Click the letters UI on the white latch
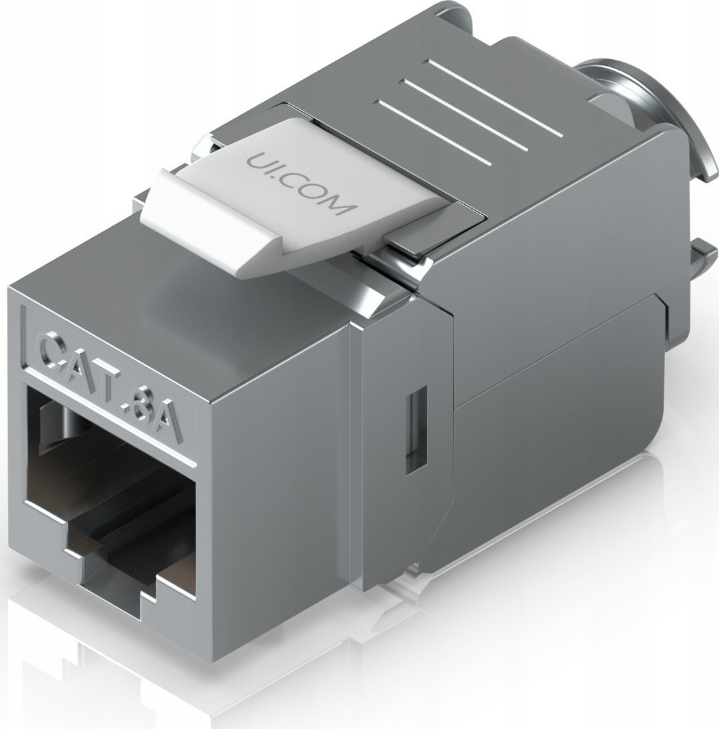[x=256, y=161]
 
